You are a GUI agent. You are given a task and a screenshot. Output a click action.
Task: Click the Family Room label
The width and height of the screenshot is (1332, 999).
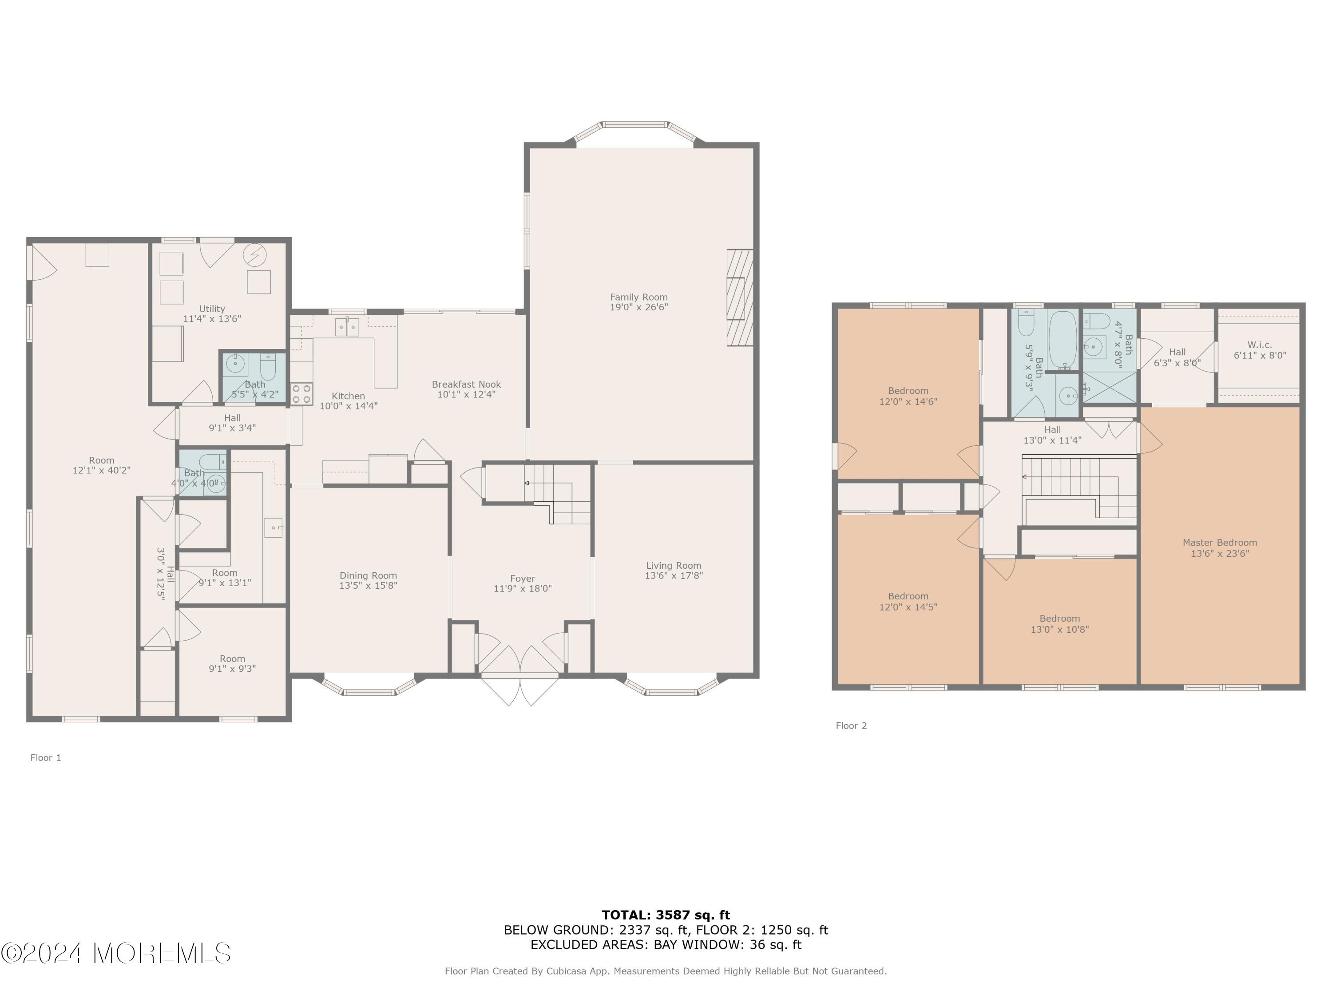click(x=638, y=297)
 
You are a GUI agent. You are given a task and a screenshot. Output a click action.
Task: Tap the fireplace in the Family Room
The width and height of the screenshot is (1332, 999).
click(x=740, y=297)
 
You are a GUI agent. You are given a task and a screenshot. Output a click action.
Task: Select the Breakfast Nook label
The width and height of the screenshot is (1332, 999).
click(x=466, y=384)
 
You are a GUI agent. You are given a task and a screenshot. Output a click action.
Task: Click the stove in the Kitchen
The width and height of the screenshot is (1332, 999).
click(x=301, y=394)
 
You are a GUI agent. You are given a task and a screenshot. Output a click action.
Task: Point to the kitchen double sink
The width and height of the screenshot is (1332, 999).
click(x=347, y=326)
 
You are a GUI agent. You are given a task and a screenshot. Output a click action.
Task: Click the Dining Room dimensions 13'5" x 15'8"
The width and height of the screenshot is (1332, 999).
click(x=368, y=585)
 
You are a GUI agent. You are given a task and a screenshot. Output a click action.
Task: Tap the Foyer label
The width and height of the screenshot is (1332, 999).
click(x=522, y=579)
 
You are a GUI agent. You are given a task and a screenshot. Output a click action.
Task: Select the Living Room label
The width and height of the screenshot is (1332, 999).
click(x=674, y=566)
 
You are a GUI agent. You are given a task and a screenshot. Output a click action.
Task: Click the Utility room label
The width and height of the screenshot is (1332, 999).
click(x=212, y=308)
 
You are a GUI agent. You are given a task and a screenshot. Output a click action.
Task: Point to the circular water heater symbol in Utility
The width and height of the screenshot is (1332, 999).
click(x=255, y=255)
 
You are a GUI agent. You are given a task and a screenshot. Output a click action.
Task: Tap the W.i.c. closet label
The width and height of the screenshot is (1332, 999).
click(x=1260, y=345)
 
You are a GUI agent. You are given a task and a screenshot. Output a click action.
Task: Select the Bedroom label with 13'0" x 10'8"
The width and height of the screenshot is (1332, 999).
click(x=1060, y=618)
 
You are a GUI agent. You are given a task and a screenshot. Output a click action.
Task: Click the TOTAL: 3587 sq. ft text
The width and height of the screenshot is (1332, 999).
click(x=666, y=915)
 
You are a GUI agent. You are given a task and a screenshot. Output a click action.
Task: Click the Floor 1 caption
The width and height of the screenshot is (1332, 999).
click(x=46, y=757)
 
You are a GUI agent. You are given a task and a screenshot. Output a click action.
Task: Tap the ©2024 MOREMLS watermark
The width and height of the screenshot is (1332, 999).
click(x=115, y=953)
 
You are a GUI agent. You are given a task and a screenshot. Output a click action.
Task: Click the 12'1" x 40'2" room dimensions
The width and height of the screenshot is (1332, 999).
click(x=101, y=470)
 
